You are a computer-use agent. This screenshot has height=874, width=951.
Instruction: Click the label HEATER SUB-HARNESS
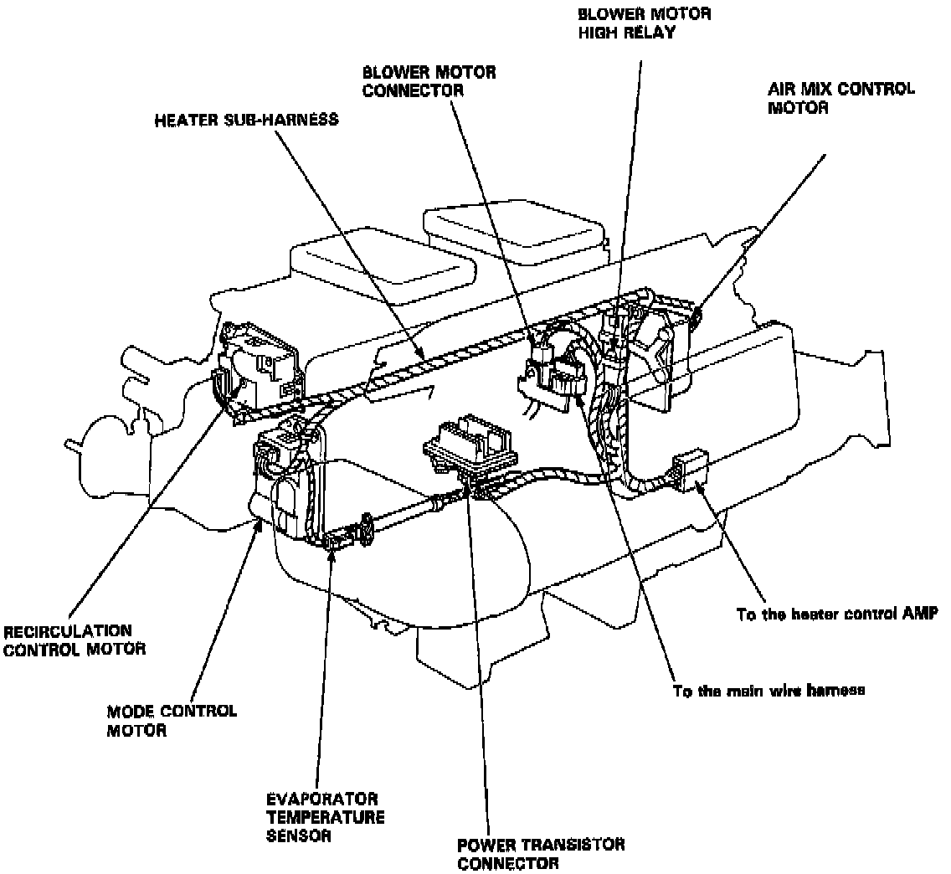click(246, 120)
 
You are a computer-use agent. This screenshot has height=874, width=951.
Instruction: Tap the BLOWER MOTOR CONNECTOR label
click(429, 80)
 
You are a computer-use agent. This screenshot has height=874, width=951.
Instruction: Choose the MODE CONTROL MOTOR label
click(172, 720)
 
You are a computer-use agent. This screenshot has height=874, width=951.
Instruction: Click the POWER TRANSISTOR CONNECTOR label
click(541, 853)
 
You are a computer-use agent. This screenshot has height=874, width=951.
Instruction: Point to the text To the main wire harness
click(769, 691)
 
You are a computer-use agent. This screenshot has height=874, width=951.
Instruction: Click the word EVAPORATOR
click(321, 799)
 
